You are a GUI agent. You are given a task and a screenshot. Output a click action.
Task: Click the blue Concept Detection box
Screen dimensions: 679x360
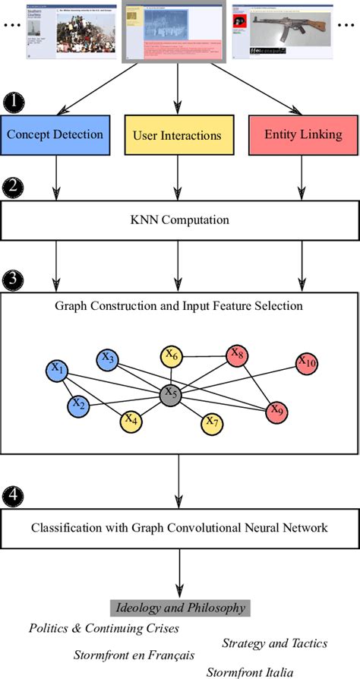(x=55, y=135)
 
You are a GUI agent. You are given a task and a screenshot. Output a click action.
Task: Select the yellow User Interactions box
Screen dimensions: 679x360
(x=177, y=135)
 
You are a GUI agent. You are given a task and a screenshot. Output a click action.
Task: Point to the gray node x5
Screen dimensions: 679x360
(x=169, y=394)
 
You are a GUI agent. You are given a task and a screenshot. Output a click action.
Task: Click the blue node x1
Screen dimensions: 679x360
(x=57, y=370)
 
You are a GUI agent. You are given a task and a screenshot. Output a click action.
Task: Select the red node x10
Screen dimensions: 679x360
(x=307, y=363)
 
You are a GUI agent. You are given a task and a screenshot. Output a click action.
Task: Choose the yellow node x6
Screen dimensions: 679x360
(x=171, y=355)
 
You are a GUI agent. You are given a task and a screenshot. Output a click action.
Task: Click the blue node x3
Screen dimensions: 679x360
(x=108, y=358)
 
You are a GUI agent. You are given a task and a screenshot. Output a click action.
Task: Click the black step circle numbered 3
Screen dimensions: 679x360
(x=13, y=278)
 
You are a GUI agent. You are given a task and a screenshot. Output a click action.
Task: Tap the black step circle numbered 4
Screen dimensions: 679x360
(x=13, y=497)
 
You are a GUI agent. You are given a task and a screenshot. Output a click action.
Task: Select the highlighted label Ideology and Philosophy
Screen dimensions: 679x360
(x=180, y=607)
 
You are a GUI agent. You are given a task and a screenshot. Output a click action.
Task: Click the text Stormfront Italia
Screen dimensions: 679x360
(x=249, y=671)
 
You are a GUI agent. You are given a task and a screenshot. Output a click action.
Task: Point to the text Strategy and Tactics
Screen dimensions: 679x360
(x=275, y=643)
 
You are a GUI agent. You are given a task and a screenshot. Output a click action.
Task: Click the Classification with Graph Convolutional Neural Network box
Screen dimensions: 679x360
(x=179, y=527)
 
